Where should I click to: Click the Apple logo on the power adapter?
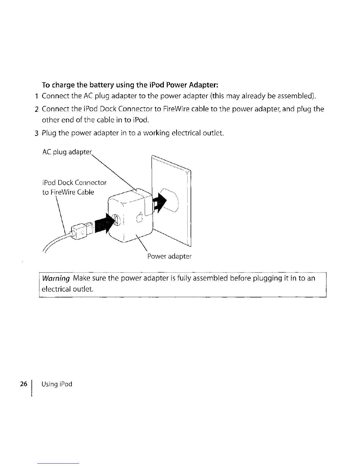[x=140, y=218]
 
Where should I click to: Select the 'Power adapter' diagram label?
[x=169, y=256]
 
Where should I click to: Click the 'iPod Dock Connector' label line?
[x=74, y=182]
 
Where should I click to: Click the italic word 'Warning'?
[x=56, y=278]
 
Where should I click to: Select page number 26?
[x=23, y=384]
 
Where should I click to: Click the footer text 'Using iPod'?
[x=57, y=384]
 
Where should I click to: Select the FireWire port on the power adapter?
[x=116, y=220]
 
